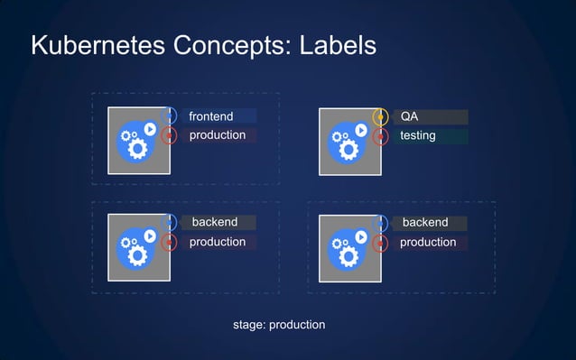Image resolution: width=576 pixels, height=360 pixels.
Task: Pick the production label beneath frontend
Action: [217, 135]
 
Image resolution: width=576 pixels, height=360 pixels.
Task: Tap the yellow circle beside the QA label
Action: [381, 116]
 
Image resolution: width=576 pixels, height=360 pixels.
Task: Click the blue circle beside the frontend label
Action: [170, 115]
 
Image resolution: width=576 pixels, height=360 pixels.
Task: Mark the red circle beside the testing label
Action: [381, 136]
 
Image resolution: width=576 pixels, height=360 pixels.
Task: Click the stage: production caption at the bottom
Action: [279, 324]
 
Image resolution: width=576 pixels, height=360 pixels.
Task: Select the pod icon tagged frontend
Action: [139, 141]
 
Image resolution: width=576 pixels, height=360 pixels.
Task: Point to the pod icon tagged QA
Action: [350, 141]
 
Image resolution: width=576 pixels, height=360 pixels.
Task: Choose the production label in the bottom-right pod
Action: [428, 242]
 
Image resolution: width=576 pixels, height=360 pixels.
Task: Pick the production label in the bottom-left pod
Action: [217, 242]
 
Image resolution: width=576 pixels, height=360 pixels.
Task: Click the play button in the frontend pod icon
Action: [150, 130]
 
